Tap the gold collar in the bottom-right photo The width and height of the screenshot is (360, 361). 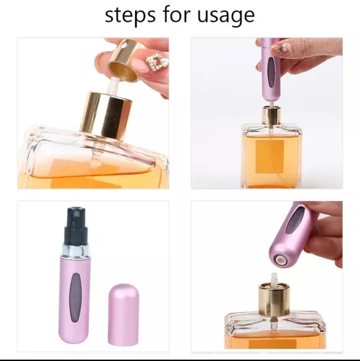click(x=275, y=296)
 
